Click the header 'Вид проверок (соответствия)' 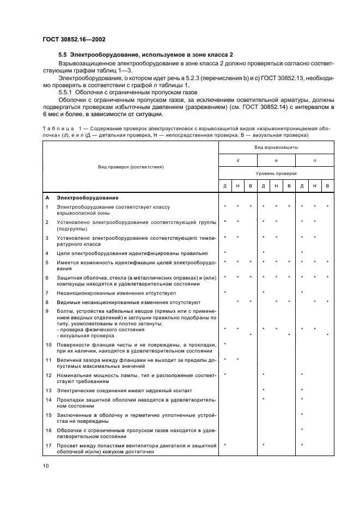click(x=131, y=167)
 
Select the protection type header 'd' click(x=237, y=161)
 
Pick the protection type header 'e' click(x=276, y=161)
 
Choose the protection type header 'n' click(x=314, y=161)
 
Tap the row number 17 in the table click(x=48, y=446)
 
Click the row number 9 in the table click(x=47, y=311)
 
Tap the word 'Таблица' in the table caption click(x=57, y=127)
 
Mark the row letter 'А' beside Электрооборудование click(x=47, y=198)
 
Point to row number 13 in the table click(x=48, y=391)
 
